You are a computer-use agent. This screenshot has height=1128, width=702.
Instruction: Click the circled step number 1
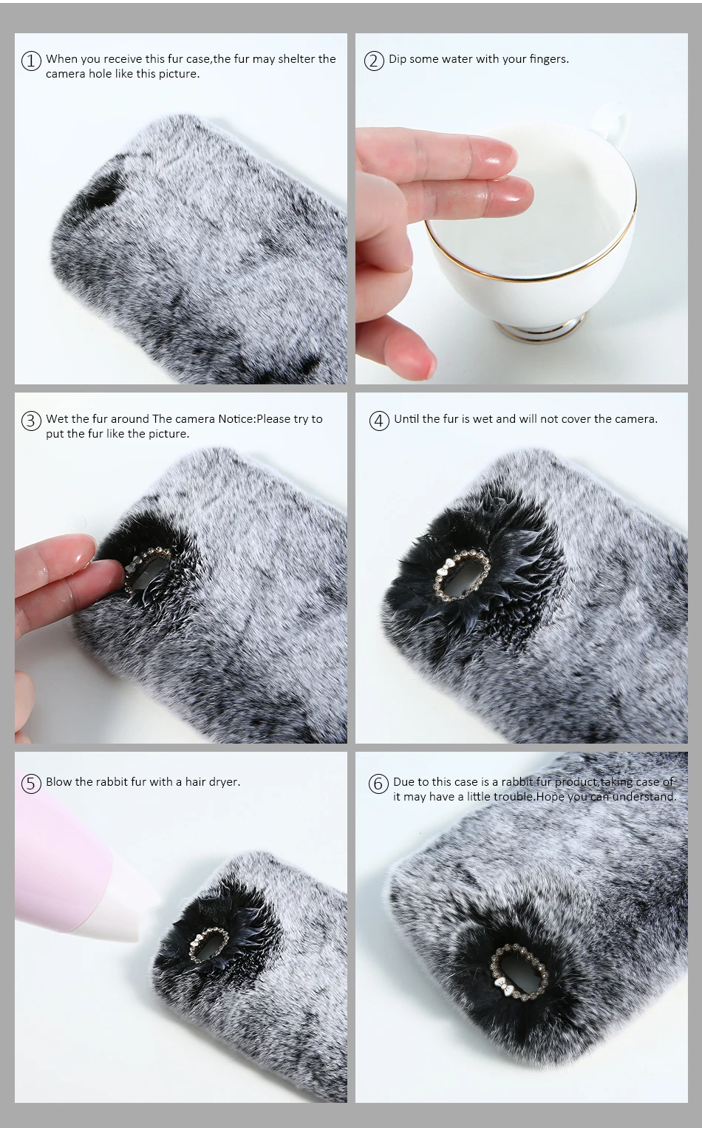coord(31,61)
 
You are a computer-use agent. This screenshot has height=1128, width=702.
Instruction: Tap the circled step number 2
coord(374,61)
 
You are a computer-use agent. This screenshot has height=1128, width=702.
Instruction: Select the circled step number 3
coord(31,421)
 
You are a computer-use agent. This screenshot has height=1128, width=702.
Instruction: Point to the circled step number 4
coord(379,421)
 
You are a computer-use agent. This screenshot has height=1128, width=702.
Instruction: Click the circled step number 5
coord(31,784)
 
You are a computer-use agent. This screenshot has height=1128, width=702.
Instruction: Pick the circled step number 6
coord(378,784)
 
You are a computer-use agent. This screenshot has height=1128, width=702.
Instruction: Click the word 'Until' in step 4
coord(406,419)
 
